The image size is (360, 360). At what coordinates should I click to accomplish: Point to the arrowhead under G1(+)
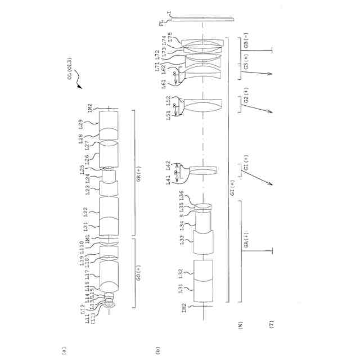[x=272, y=184]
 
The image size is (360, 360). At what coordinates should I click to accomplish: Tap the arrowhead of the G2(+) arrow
[x=273, y=112]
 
